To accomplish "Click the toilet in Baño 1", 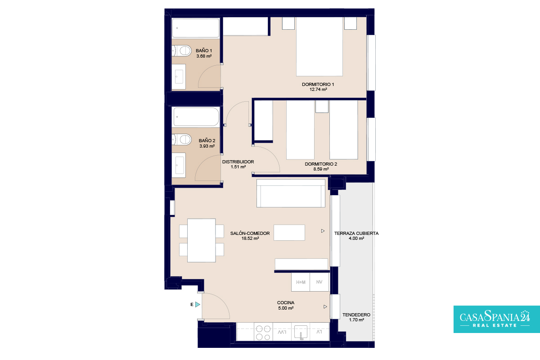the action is pos(181,51).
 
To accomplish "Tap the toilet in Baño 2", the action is pos(181,139).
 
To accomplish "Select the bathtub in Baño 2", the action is pos(196,117).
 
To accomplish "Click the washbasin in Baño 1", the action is pos(179,76).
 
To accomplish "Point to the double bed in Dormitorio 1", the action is pos(319,47).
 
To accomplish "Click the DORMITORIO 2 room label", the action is pos(321,164).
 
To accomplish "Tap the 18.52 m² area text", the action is pos(250,238).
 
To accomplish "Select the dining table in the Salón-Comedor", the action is pos(202,240).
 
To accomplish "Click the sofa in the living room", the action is pos(291,193).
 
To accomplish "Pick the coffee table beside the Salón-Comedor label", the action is pos(289,233).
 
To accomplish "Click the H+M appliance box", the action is pos(301,282).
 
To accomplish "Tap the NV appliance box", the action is pos(319,282).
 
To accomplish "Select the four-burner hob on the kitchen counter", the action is pos(263,333).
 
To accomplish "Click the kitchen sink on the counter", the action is pos(301,332).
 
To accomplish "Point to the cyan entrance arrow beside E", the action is pos(198,305).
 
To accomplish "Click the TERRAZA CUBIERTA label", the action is pos(356,234).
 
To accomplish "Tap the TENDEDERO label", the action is pos(356,315).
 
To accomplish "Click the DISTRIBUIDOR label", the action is pos(238,162).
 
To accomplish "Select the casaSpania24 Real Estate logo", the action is pos(497,319).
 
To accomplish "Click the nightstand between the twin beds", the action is pos(322,107).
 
